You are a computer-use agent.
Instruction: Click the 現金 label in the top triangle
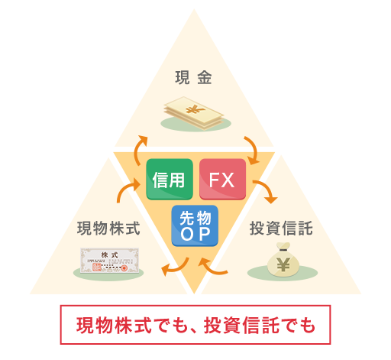coord(193,77)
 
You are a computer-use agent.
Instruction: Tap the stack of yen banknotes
coord(194,113)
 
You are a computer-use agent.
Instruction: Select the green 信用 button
coord(170,179)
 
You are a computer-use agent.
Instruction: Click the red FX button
coord(222,179)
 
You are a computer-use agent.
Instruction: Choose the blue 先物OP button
coord(195,225)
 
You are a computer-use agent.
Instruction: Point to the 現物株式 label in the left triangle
coord(108,228)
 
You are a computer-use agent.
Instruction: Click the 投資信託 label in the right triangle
coord(281,228)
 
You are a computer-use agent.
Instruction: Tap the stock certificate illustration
coord(110,261)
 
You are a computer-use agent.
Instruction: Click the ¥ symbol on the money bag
coord(283,264)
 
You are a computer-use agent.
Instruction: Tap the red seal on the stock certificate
coord(124,268)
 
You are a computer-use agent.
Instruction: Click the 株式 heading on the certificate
coord(110,255)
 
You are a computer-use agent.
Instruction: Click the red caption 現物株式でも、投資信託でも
coord(195,326)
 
